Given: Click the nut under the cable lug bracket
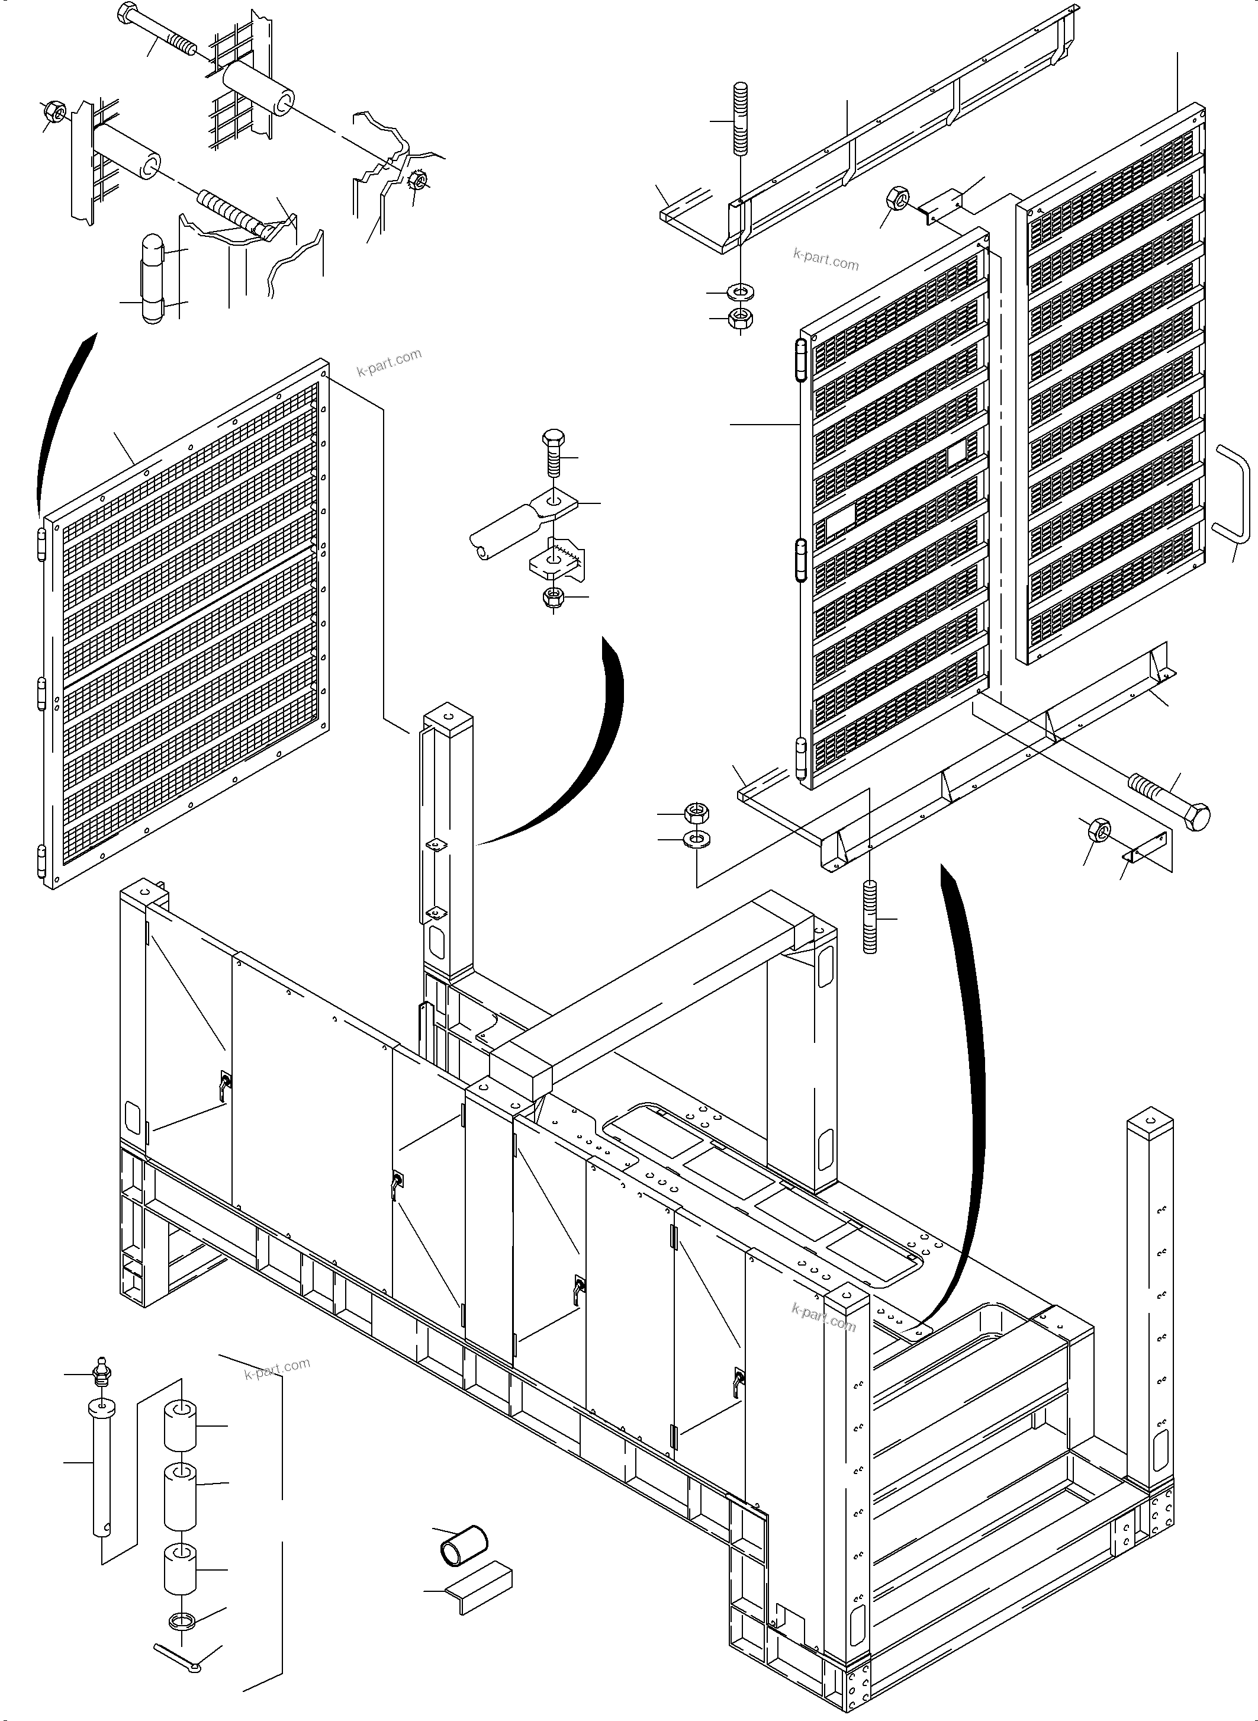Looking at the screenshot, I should click(x=554, y=596).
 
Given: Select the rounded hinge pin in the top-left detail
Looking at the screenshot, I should click(x=153, y=278).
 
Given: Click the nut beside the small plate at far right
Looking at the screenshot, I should click(x=1099, y=829).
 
